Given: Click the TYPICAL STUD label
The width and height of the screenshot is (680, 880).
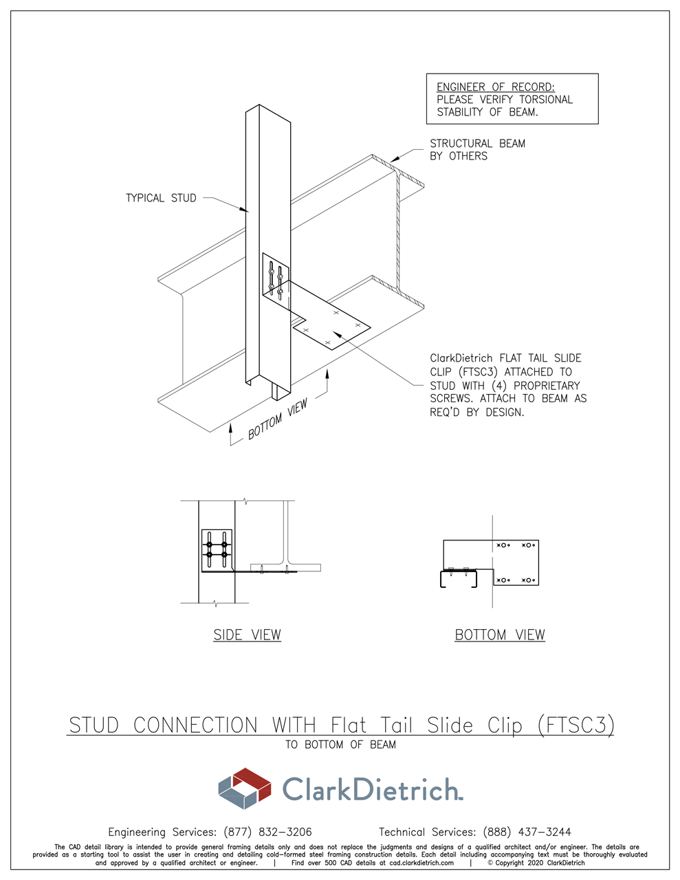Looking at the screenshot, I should [x=161, y=198].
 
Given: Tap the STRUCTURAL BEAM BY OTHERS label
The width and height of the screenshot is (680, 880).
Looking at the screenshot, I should [x=476, y=150].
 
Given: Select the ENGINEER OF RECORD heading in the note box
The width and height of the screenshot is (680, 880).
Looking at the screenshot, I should [x=495, y=87].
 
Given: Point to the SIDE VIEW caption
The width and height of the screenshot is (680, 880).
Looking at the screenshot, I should [x=247, y=635].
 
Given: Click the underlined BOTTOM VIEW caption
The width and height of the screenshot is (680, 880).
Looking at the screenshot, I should [x=500, y=635].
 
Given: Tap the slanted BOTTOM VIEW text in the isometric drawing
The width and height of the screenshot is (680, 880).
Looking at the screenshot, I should [x=278, y=419].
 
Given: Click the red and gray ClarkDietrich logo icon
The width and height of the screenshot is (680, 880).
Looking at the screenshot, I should [x=245, y=788].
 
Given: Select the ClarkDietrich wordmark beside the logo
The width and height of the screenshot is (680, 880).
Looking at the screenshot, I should [x=372, y=789].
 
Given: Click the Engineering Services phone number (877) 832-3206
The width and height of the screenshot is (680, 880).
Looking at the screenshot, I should [x=267, y=832].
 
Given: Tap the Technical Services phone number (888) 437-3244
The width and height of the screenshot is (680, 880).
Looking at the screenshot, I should [x=527, y=832].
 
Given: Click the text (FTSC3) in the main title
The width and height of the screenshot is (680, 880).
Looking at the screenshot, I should [x=575, y=725].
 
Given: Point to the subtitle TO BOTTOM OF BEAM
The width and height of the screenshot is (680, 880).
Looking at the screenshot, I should [x=340, y=745].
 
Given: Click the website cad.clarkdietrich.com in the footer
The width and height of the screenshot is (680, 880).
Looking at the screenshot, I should [x=421, y=863].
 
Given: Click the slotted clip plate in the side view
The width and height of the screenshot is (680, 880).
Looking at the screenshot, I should [x=217, y=550].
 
